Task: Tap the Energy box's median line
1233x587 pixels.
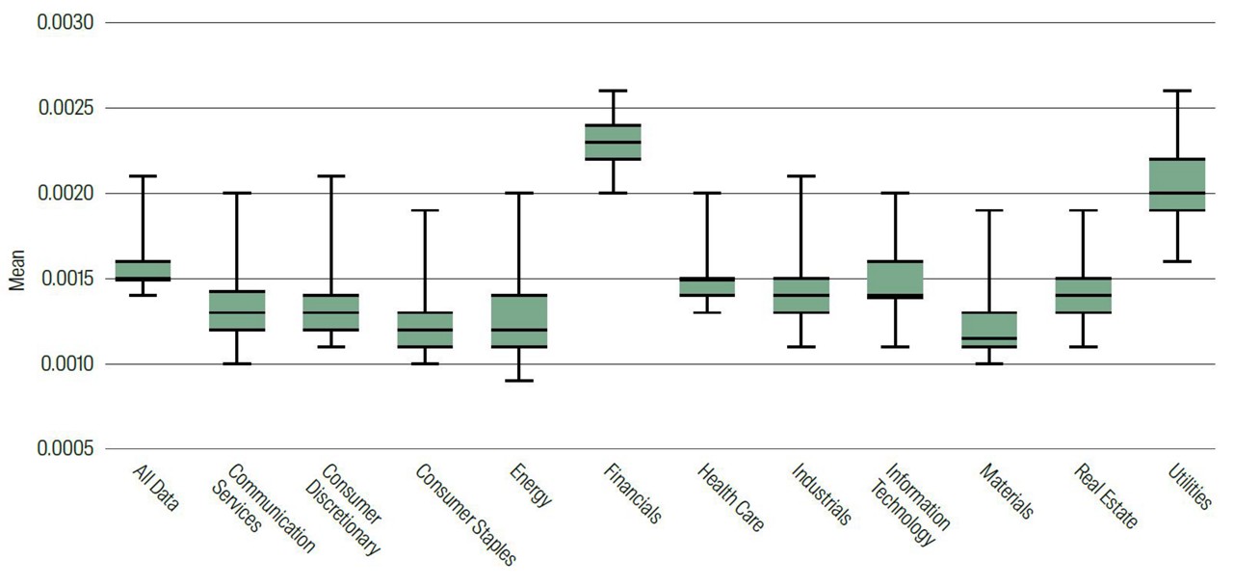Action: tap(519, 330)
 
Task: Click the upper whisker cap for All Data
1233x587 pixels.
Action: tap(143, 176)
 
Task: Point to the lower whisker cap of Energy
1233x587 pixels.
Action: tap(519, 381)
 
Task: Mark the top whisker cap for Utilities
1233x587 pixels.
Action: tap(1177, 91)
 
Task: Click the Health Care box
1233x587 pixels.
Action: tap(707, 286)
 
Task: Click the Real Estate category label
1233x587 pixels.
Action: tap(1105, 494)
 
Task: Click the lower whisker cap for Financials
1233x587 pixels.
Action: tap(613, 193)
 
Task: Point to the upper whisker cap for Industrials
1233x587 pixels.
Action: tap(800, 176)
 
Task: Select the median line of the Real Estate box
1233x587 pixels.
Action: tap(1083, 295)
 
